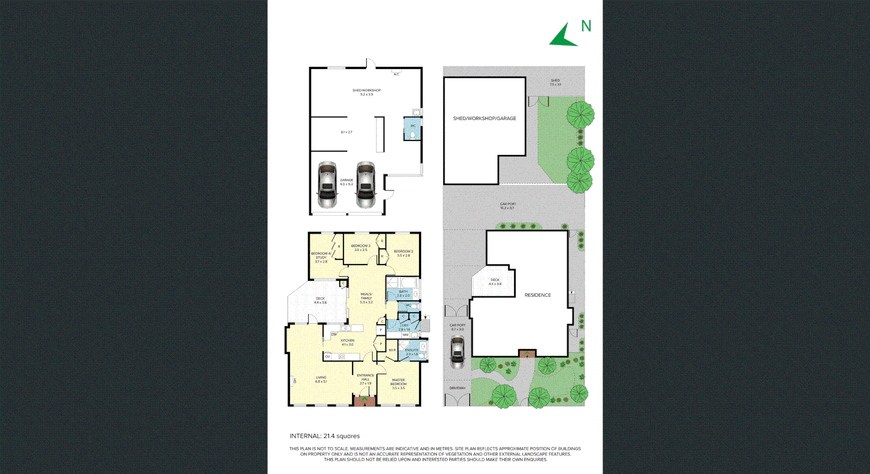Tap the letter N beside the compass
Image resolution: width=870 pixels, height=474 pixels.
[x=586, y=26]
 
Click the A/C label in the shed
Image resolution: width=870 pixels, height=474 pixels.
[x=396, y=74]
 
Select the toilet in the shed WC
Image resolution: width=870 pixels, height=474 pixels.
[x=412, y=135]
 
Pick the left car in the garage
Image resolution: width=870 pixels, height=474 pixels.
[x=327, y=184]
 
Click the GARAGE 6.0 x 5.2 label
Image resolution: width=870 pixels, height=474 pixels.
[x=347, y=182]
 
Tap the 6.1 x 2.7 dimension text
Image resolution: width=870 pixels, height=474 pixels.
[x=347, y=132]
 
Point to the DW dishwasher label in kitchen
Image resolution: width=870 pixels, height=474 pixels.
[x=334, y=334]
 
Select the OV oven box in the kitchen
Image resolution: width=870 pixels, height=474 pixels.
[x=328, y=357]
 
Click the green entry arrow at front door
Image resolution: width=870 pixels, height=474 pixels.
[x=365, y=399]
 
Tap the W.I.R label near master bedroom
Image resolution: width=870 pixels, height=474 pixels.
[x=392, y=350]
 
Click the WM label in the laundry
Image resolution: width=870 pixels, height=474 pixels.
[x=406, y=335]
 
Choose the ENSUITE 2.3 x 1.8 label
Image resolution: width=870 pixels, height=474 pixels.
[x=412, y=352]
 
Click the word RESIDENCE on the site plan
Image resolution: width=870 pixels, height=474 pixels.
[x=537, y=295]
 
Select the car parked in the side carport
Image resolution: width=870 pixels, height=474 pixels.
[x=458, y=352]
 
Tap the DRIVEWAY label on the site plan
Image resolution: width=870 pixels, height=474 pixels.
[x=458, y=388]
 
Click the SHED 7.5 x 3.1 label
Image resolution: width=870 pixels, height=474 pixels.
[x=555, y=82]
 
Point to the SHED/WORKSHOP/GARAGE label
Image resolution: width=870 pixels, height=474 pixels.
[x=484, y=118]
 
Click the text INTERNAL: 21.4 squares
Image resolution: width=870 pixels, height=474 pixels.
[x=324, y=436]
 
